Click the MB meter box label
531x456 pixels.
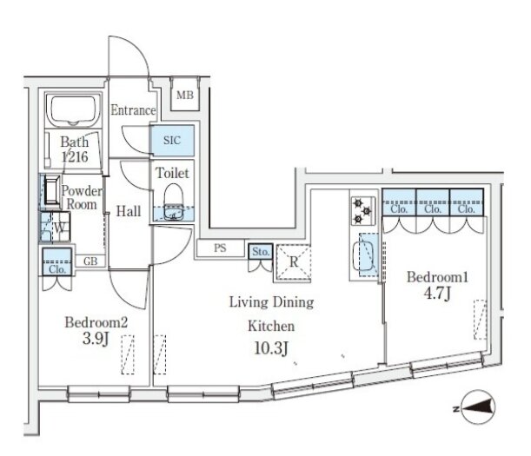point(185,96)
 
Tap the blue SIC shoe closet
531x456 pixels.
point(172,140)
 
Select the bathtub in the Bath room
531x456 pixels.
point(73,110)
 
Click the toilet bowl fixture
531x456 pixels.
point(173,202)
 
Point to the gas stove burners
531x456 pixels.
point(362,211)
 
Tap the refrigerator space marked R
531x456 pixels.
point(294,262)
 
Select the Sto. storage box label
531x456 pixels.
point(261,252)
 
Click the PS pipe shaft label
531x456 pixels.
point(220,248)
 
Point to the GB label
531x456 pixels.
point(90,261)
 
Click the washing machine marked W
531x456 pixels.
point(56,227)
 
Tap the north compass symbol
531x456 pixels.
point(477,407)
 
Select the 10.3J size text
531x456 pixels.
point(271,348)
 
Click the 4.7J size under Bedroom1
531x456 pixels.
point(437,294)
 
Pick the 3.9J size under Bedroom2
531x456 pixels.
point(96,339)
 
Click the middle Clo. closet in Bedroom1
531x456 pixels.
point(433,202)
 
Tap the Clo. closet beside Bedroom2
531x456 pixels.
point(57,261)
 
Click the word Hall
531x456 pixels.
point(129,211)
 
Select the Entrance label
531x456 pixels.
point(133,110)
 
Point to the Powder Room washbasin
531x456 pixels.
point(52,190)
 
